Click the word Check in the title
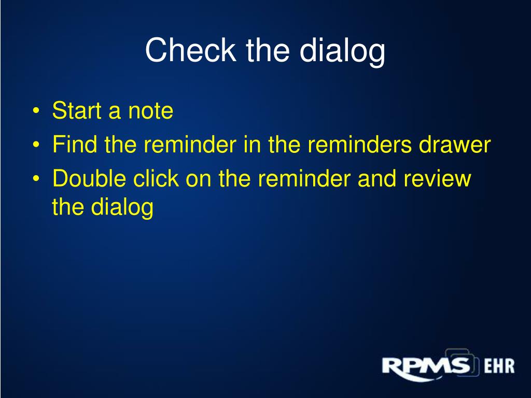[x=190, y=50]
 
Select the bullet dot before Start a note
[x=36, y=111]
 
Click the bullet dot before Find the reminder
[x=36, y=145]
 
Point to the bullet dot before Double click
[x=36, y=179]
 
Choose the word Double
[x=89, y=178]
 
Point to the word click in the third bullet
[x=156, y=178]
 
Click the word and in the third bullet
[x=377, y=178]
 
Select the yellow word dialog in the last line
[x=122, y=207]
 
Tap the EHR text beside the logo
[x=499, y=366]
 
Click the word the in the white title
[x=268, y=50]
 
